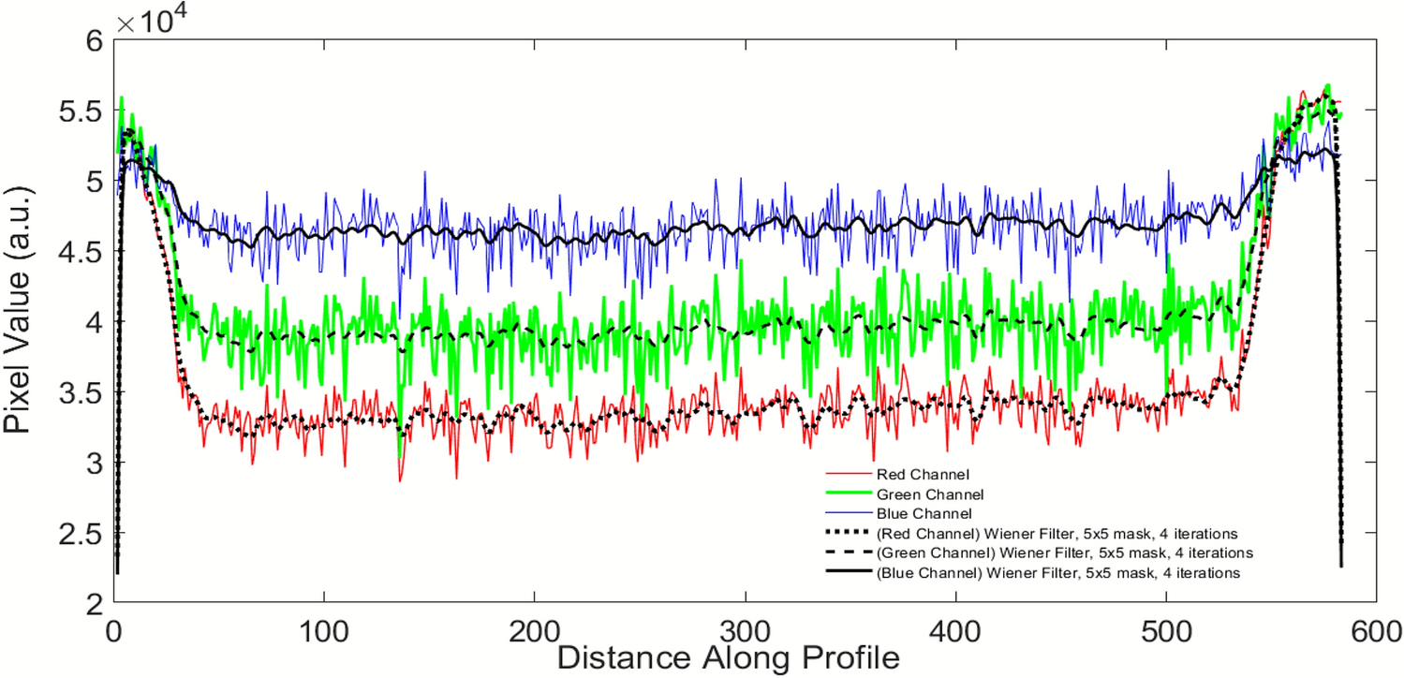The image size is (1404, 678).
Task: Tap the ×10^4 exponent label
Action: (154, 22)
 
